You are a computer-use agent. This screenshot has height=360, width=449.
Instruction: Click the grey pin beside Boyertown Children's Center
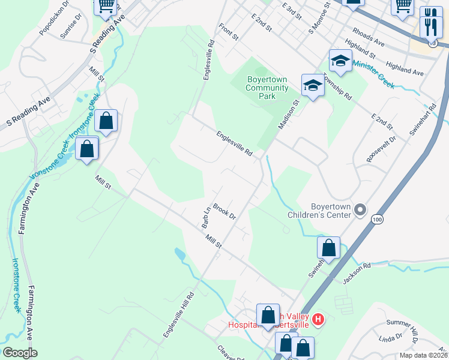(x=360, y=210)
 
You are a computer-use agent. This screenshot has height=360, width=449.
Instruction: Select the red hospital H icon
(x=319, y=319)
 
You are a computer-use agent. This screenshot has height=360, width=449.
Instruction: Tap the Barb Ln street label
(x=205, y=218)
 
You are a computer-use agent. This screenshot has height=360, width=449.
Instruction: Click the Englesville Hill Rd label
(x=179, y=314)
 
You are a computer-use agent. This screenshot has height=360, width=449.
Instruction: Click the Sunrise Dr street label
(x=74, y=30)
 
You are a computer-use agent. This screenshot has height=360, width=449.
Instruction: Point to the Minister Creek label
(x=373, y=74)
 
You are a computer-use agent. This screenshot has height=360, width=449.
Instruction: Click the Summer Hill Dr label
(x=402, y=327)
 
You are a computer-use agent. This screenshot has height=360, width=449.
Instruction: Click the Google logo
(x=20, y=353)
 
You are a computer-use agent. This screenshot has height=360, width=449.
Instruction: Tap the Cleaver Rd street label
(x=229, y=352)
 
